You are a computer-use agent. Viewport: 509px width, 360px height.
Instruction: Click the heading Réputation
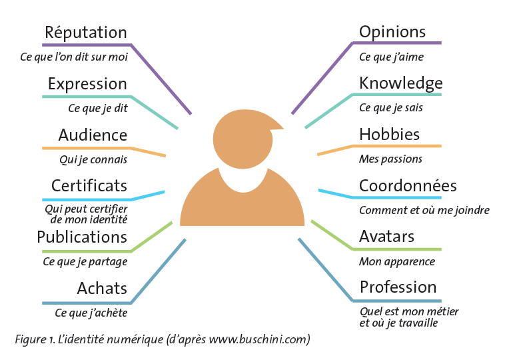click(x=85, y=33)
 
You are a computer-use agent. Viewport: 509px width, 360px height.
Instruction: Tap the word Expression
click(x=87, y=84)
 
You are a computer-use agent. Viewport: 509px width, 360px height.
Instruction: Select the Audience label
click(x=93, y=135)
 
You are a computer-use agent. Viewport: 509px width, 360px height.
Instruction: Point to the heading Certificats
click(x=89, y=185)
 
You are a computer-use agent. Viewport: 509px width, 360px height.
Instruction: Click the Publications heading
click(x=82, y=237)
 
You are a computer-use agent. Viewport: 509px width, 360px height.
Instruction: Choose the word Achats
click(x=102, y=288)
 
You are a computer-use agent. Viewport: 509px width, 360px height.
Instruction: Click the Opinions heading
click(x=392, y=32)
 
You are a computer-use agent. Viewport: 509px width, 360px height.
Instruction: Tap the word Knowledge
click(x=400, y=83)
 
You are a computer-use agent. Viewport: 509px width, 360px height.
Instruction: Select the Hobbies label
click(x=389, y=135)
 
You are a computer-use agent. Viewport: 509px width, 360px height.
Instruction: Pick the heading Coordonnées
click(x=408, y=186)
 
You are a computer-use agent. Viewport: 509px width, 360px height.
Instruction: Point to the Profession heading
click(x=398, y=287)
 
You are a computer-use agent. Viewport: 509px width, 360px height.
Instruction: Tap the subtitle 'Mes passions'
click(x=390, y=159)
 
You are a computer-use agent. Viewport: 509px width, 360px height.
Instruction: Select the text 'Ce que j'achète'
click(x=91, y=313)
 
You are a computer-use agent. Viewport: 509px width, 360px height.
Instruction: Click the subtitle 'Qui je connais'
click(x=93, y=160)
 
